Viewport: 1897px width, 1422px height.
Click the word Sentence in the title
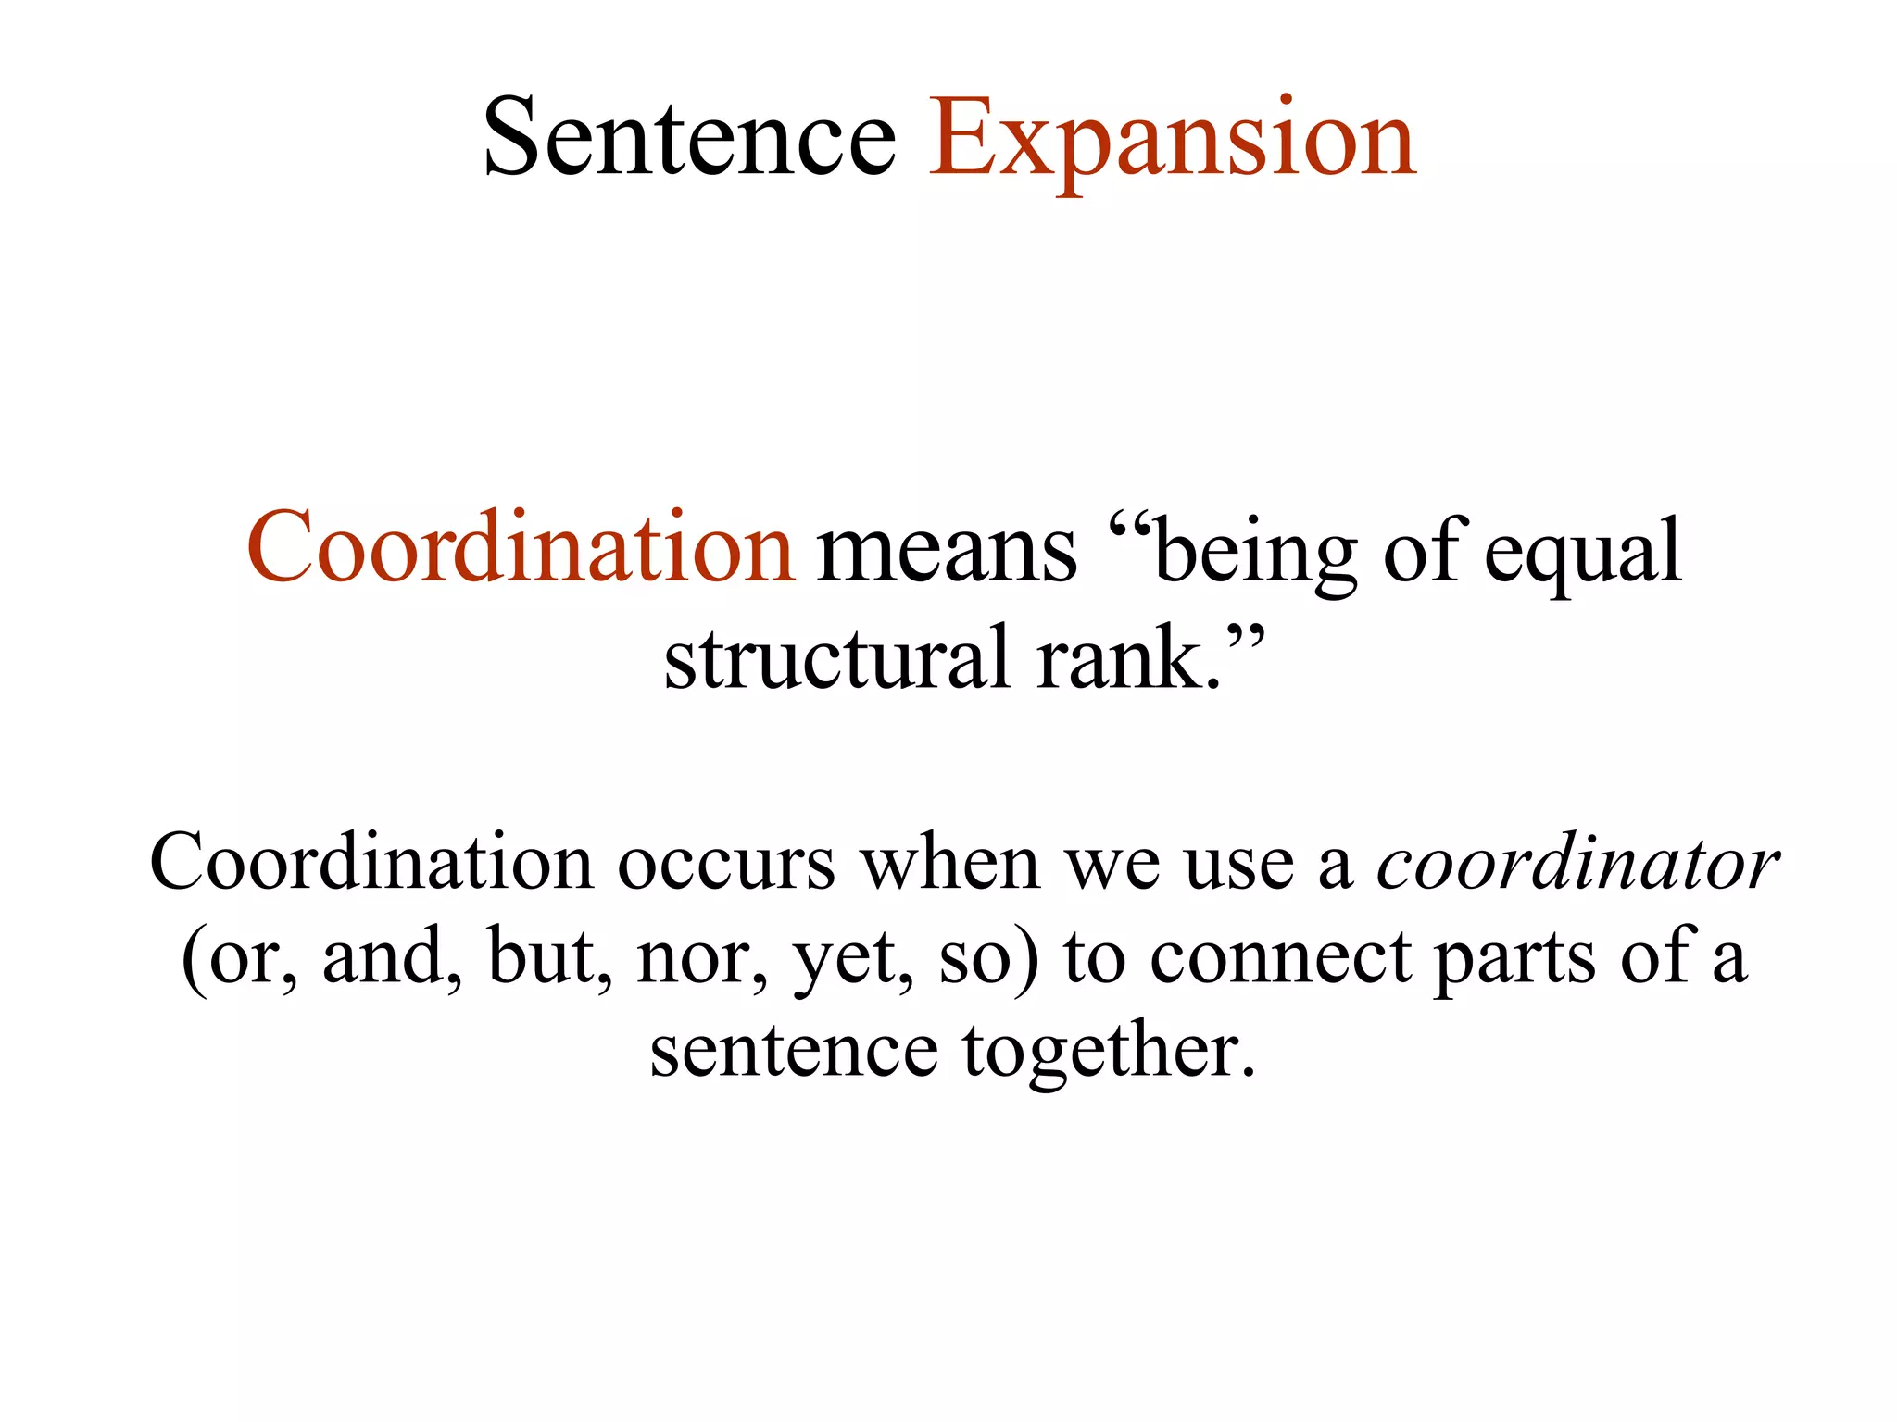690,139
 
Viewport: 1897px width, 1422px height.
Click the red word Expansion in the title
1172,139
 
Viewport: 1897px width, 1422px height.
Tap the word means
946,554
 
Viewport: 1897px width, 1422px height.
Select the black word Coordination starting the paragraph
371,863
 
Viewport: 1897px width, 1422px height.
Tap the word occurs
726,867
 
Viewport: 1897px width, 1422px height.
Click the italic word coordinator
1577,865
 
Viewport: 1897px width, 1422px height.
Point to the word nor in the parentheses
699,961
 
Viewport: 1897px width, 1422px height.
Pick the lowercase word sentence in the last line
794,1054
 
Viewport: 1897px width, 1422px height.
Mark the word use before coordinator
1238,867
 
